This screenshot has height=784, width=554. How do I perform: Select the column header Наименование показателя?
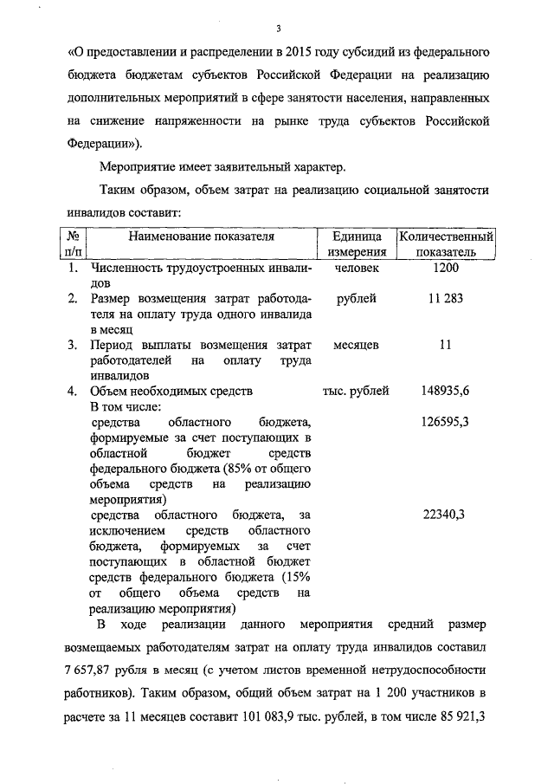pos(202,236)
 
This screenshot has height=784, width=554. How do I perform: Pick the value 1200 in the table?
pos(445,269)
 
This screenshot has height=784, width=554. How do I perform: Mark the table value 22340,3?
pos(444,515)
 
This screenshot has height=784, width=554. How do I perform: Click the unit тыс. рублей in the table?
pos(356,391)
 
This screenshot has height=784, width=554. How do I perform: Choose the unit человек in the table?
pos(356,269)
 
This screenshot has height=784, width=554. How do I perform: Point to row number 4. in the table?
pos(74,391)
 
